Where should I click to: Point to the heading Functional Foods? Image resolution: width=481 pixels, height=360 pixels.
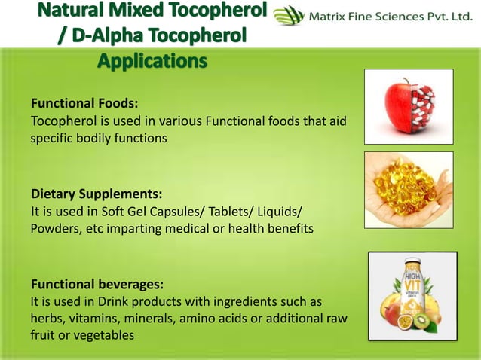[84, 104]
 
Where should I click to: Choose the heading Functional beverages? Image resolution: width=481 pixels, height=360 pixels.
[97, 285]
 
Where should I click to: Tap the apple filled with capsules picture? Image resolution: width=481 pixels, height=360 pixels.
[408, 106]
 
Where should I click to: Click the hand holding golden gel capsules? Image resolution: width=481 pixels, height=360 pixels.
[408, 189]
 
